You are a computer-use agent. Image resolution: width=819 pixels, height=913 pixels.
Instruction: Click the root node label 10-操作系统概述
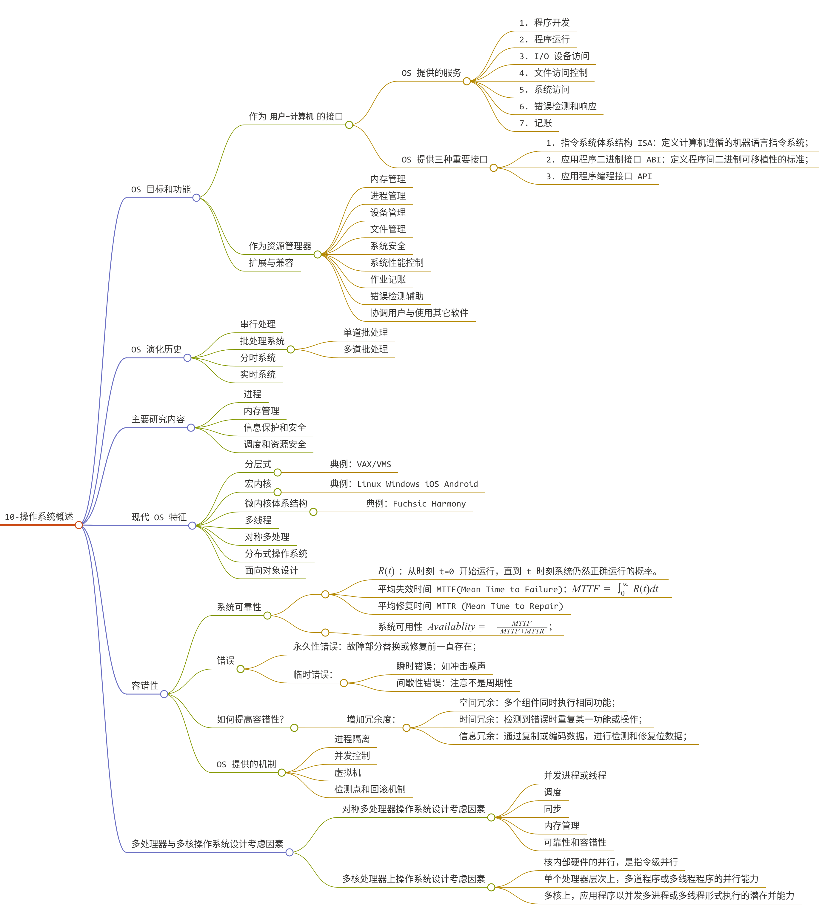point(39,516)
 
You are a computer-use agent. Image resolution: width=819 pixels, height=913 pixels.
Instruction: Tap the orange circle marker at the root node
point(79,525)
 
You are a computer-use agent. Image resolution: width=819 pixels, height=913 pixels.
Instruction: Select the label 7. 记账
point(535,123)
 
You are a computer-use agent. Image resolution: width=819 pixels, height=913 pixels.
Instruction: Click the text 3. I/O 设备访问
point(554,56)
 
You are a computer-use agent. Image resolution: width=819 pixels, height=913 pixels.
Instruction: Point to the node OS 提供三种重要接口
point(444,159)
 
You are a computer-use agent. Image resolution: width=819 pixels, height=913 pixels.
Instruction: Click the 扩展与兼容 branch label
point(271,263)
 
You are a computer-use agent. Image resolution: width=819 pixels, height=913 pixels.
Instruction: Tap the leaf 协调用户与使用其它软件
point(419,313)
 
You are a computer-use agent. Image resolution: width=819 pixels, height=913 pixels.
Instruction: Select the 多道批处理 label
point(365,349)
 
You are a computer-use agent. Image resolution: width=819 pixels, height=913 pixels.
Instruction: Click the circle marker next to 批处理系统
point(291,349)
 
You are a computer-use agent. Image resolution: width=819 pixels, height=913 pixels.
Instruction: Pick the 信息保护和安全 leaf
point(275,428)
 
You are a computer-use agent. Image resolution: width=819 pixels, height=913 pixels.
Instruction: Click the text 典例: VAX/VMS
point(361,464)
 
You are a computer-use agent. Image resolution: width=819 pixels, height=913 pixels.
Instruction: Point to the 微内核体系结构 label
point(276,503)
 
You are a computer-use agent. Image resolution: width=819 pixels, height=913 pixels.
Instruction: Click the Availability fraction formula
point(522,627)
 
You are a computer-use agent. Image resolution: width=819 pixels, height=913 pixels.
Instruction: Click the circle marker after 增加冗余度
point(406,728)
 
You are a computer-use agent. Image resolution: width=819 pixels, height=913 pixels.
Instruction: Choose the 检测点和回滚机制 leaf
point(370,789)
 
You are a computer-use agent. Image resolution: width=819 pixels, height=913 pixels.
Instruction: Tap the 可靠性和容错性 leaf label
point(575,842)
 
